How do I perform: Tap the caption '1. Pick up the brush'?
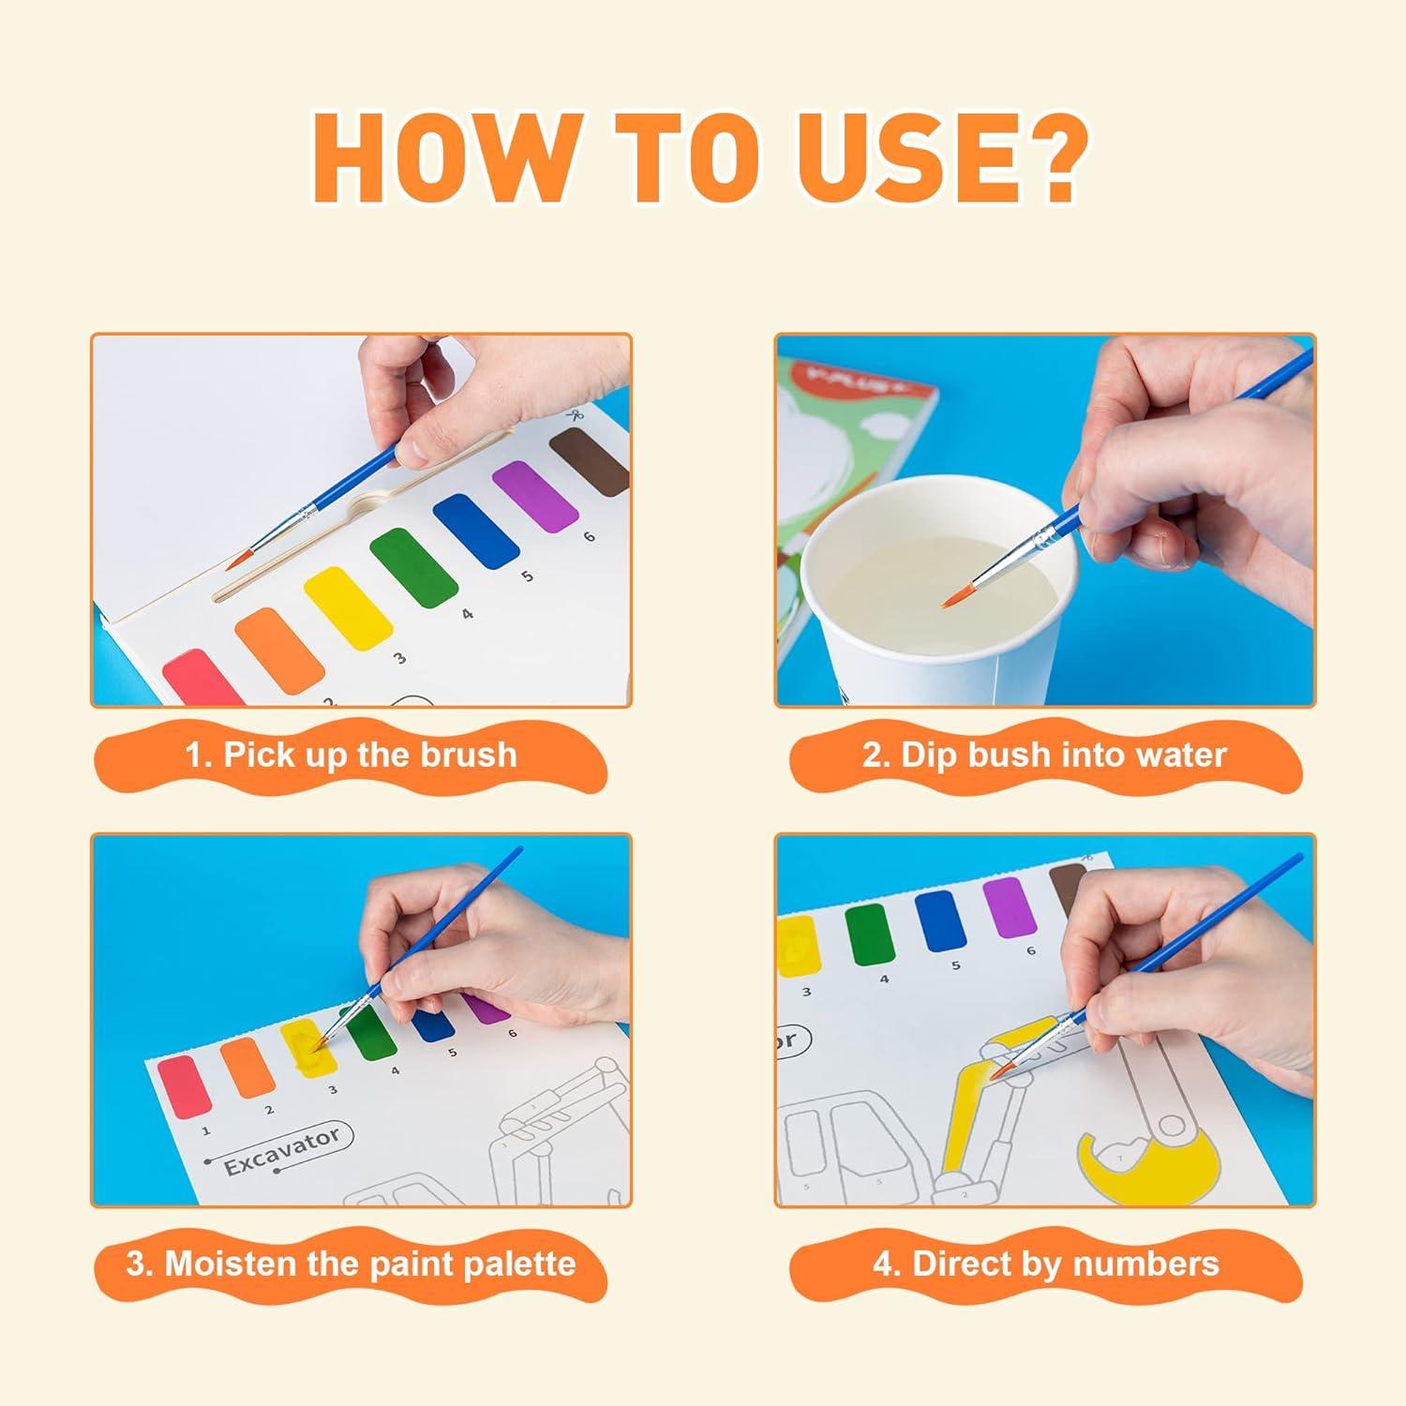click(x=351, y=755)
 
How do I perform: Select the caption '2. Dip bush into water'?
click(x=1044, y=755)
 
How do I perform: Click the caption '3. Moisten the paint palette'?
click(x=351, y=1264)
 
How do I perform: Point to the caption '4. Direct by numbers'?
click(x=1046, y=1264)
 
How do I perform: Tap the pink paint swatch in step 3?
click(x=185, y=1085)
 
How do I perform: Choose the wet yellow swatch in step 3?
click(x=309, y=1050)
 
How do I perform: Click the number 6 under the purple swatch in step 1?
click(x=589, y=537)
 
